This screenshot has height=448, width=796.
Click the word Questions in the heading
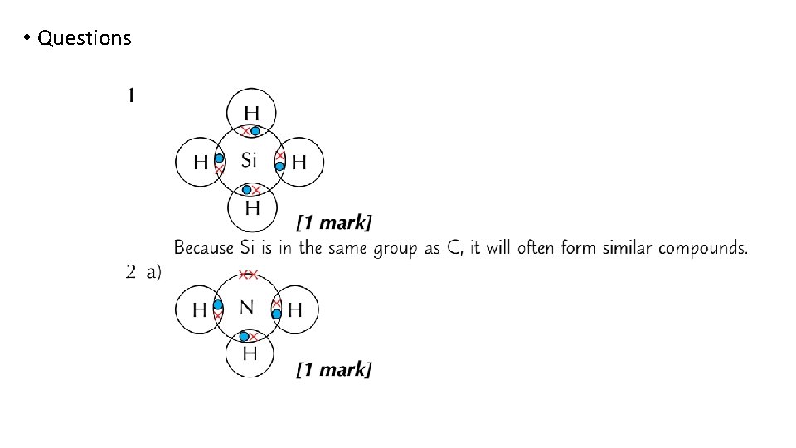(x=85, y=38)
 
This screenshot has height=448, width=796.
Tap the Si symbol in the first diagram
(x=250, y=160)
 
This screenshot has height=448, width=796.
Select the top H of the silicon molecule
(x=250, y=112)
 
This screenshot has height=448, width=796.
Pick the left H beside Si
(x=201, y=163)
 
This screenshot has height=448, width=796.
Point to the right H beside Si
(x=298, y=163)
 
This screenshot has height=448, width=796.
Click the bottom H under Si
(x=251, y=206)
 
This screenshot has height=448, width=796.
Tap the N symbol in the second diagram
(x=247, y=308)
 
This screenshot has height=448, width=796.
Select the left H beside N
(x=200, y=311)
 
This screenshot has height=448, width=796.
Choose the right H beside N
(x=294, y=311)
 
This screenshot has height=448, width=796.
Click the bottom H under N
(x=250, y=354)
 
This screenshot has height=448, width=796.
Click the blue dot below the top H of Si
(x=255, y=131)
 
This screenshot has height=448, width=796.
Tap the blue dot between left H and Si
(x=220, y=158)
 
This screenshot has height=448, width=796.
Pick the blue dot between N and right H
(x=277, y=314)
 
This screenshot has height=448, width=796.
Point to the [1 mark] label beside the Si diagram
(x=334, y=222)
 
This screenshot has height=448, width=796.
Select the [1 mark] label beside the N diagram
(x=334, y=369)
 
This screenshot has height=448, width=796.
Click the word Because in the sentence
(x=204, y=248)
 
